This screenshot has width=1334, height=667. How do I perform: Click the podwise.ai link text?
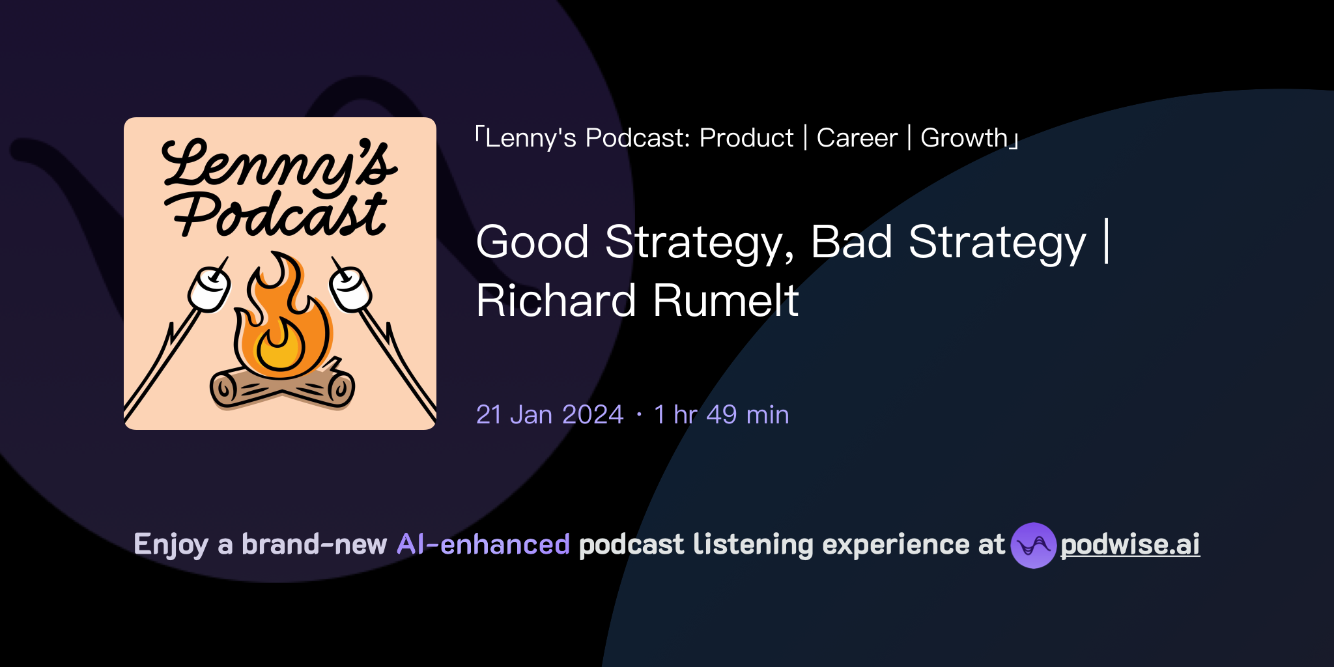point(1129,545)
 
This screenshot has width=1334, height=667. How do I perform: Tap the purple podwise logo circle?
point(1032,545)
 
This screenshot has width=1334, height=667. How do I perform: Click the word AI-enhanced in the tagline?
point(483,545)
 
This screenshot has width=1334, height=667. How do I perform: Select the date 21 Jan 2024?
point(550,415)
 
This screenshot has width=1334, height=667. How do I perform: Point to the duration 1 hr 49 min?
point(721,415)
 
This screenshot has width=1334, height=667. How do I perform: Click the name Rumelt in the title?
point(726,301)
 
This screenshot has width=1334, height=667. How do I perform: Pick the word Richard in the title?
point(556,301)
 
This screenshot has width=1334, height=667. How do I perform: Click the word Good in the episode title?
point(532,242)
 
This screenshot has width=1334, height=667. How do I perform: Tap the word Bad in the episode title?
point(851,242)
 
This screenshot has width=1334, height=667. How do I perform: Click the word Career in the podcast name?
point(857,138)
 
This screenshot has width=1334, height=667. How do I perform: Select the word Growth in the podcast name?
point(964,138)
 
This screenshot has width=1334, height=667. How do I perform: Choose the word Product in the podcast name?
point(746,138)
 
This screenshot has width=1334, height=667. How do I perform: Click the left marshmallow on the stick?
point(209,290)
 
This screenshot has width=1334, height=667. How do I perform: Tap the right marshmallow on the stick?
point(350,290)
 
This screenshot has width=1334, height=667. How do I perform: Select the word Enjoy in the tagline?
point(171,545)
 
